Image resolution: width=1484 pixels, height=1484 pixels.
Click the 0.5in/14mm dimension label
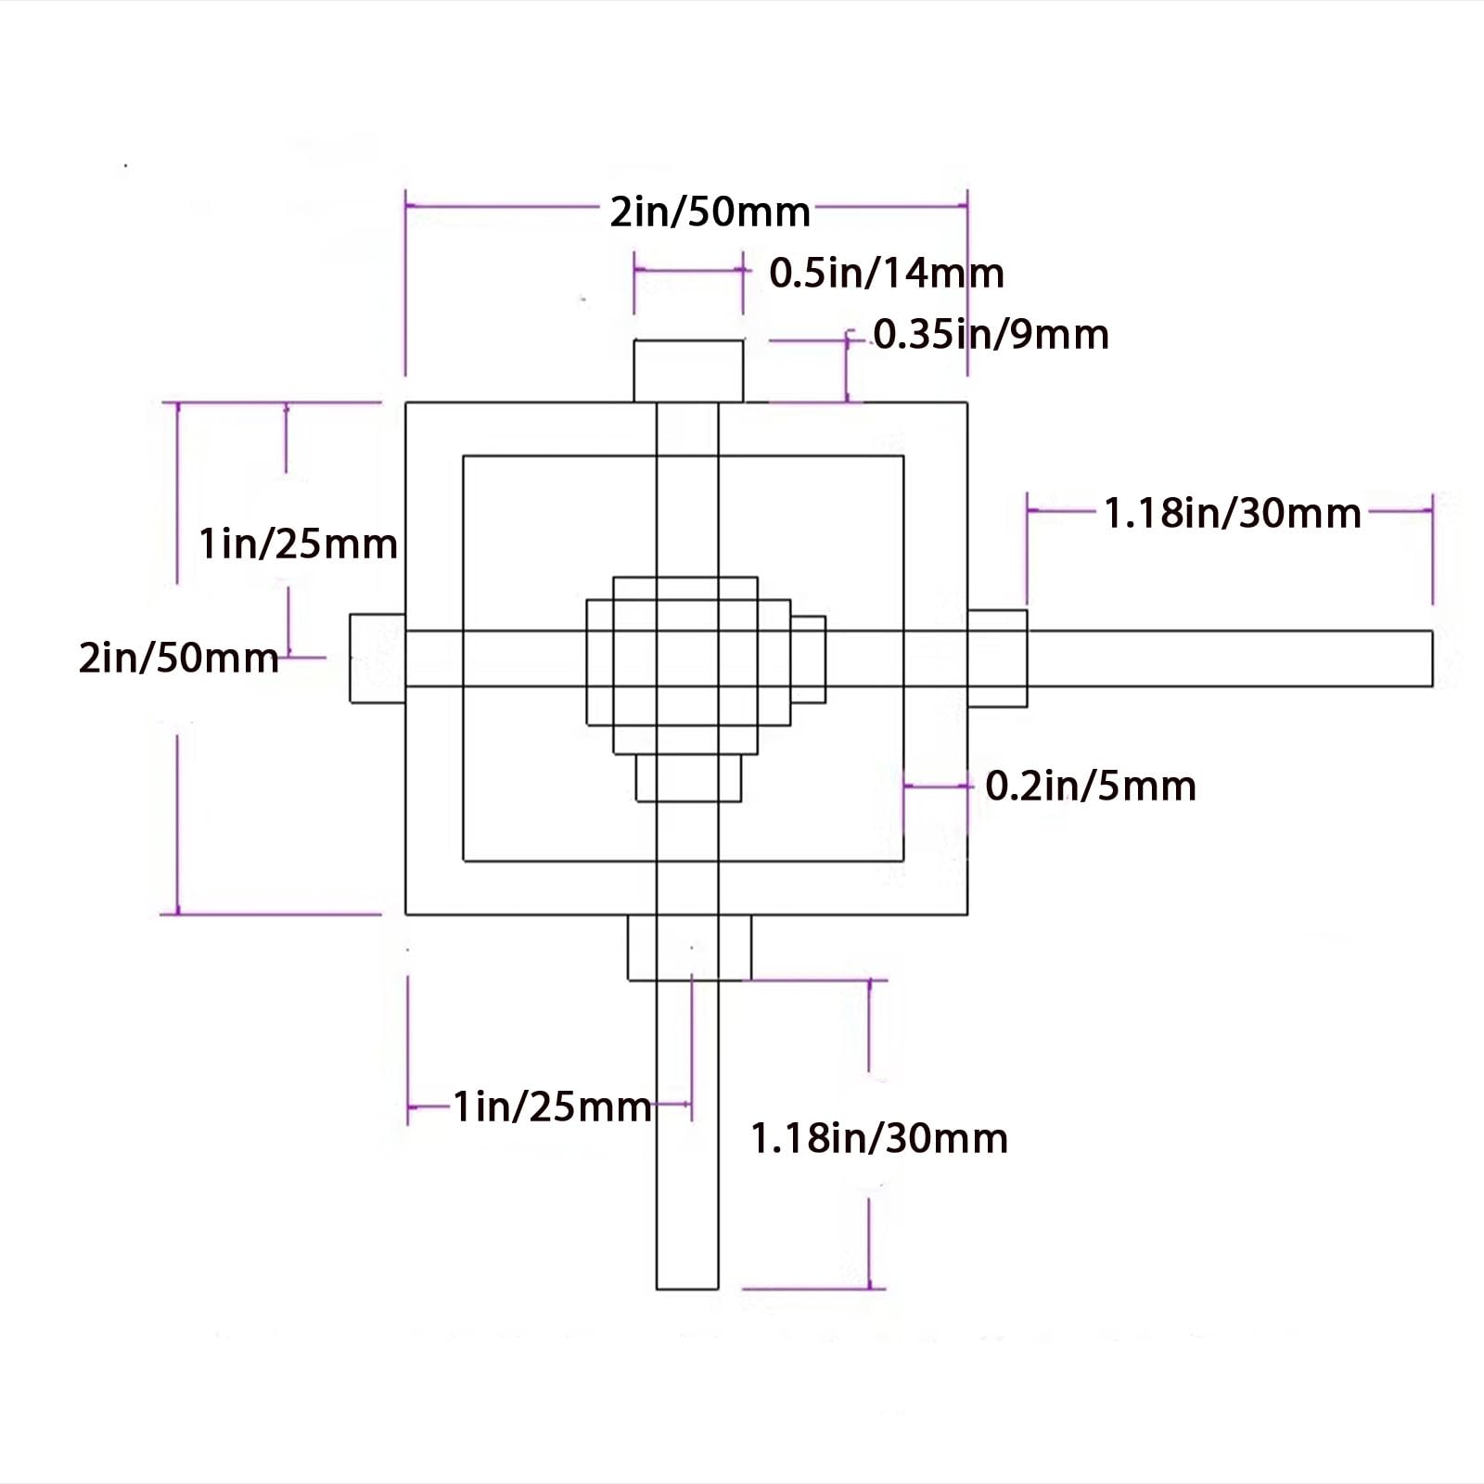(887, 274)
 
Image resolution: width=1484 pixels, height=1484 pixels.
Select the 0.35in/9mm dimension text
(991, 335)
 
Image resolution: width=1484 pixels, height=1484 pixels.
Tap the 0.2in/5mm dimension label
(1090, 787)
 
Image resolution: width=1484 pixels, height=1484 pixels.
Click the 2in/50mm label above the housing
(710, 212)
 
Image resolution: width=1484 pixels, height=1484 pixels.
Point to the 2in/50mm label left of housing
(178, 658)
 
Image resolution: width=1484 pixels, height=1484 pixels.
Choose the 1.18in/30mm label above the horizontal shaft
(1232, 513)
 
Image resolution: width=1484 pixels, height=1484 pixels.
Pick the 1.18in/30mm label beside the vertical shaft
(878, 1138)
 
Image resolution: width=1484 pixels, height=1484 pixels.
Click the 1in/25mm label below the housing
(552, 1107)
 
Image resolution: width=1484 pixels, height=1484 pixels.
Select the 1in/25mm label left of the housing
(298, 544)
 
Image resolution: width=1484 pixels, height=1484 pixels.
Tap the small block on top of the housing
(688, 370)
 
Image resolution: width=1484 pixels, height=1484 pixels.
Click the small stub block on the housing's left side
(377, 658)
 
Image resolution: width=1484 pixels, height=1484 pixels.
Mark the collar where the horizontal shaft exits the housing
(997, 659)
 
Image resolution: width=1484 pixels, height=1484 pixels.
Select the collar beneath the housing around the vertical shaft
(688, 947)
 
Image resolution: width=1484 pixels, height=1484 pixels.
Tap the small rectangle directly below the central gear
(688, 779)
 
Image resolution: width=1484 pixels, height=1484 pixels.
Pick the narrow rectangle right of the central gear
(808, 659)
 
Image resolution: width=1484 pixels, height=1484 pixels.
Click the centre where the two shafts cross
(687, 659)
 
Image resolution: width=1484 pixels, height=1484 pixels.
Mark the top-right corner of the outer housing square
(967, 403)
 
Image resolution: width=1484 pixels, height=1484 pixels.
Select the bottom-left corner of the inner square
(464, 861)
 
